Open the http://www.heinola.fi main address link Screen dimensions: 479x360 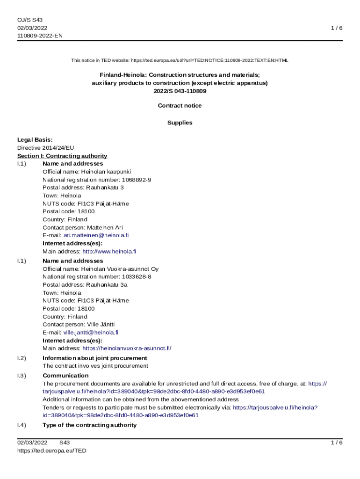coord(109,251)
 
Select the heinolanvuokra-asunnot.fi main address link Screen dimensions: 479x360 coord(127,348)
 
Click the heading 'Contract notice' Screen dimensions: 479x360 coord(180,106)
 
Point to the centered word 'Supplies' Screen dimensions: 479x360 coord(180,123)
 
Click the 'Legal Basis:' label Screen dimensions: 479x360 coord(35,139)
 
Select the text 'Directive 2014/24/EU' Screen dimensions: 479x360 coord(46,147)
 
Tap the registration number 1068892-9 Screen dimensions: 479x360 coord(137,180)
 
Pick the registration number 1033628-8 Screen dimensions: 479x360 coord(137,276)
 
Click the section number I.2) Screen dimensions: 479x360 coord(22,358)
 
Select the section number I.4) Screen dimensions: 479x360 coord(22,425)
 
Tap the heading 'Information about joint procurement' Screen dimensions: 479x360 coord(95,358)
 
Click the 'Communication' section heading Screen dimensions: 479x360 coord(65,376)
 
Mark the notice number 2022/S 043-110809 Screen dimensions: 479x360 coord(180,91)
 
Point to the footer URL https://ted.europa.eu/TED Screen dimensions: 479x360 coord(52,450)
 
